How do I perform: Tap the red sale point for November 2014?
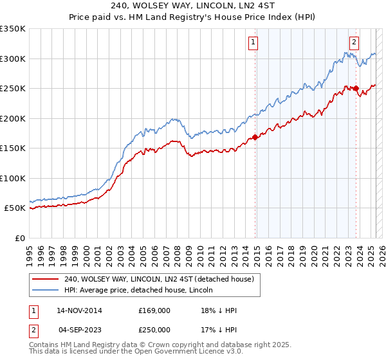pos(255,136)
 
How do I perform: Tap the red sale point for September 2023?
pos(356,88)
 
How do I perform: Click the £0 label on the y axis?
pos(19,238)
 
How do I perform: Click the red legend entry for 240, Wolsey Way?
pos(160,279)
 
